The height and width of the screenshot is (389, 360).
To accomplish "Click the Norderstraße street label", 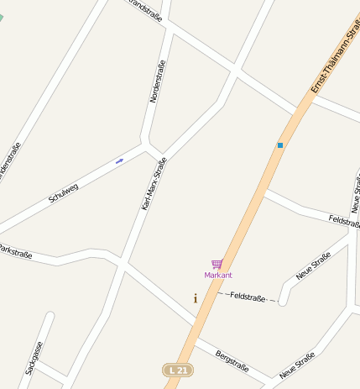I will coord(157,81).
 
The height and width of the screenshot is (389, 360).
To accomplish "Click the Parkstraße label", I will coord(14,251).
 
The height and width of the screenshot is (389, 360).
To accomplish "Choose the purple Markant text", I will coord(218,275).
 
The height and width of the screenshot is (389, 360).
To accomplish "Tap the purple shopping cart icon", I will coord(217,264).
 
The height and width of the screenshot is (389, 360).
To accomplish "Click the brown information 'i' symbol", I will coord(196,298).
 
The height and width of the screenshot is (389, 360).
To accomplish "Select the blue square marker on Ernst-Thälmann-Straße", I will coord(280,145).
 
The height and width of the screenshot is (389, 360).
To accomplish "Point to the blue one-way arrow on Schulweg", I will coord(119,160).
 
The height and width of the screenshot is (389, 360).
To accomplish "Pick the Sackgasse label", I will coord(34,357).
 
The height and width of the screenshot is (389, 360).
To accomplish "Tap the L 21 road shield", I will coord(175,370).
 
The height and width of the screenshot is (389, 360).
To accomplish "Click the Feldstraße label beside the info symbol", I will coord(248,297).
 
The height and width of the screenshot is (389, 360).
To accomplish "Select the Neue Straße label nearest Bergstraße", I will coord(297,365).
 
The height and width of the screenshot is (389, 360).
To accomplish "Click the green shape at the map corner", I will coord(2,18).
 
